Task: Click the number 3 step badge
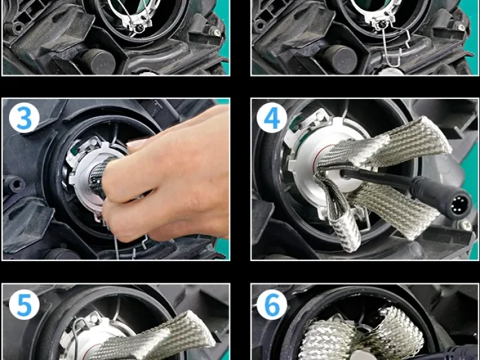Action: [x=24, y=118]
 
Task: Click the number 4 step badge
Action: [x=272, y=118]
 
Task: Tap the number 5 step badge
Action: [x=24, y=305]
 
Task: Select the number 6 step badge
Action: [x=272, y=305]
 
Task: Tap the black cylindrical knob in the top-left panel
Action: [x=98, y=61]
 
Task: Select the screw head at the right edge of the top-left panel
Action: [x=216, y=31]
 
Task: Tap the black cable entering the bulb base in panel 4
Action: [x=377, y=179]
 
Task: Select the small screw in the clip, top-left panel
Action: [x=140, y=28]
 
